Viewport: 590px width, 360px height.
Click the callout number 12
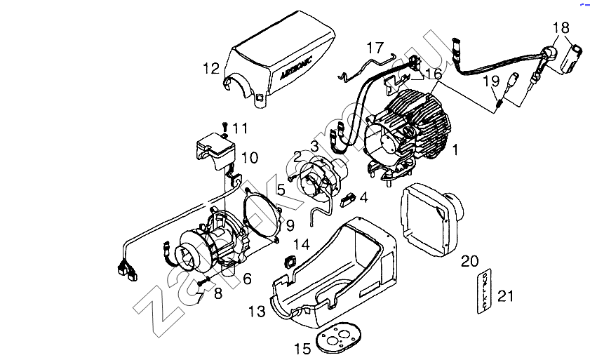click(211, 69)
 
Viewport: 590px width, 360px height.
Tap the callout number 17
click(375, 48)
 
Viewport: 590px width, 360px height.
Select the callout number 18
click(561, 28)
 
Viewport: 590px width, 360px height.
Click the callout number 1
click(455, 149)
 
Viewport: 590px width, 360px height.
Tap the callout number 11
click(241, 128)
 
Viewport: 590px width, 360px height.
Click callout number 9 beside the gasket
click(289, 226)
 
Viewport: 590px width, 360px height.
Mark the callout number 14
click(301, 244)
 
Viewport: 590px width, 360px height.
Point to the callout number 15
click(302, 347)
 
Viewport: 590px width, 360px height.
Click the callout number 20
click(469, 262)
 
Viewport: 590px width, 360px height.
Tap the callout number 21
click(505, 295)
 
